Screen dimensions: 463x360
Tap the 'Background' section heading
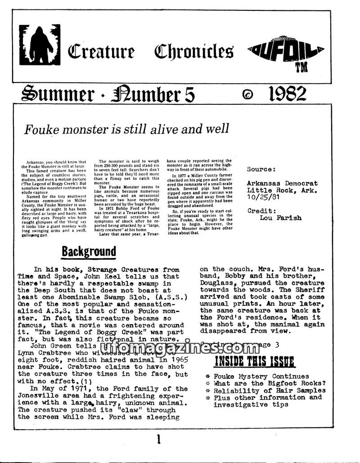pos(88,251)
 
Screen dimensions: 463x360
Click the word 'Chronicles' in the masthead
pos(193,52)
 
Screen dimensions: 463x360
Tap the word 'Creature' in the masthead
pos(101,52)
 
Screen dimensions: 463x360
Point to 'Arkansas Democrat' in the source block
pos(282,183)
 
